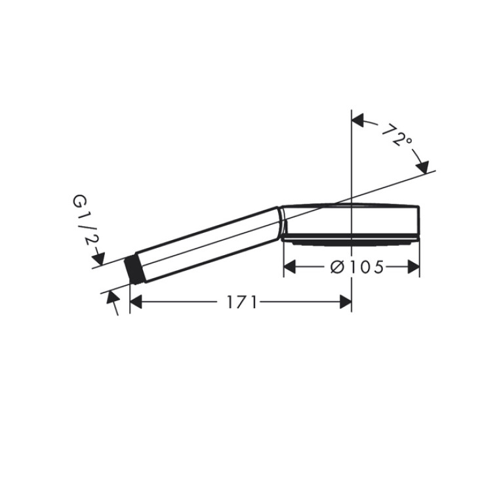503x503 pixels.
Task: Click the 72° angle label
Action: pyautogui.click(x=397, y=134)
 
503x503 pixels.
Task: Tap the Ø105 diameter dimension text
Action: pyautogui.click(x=357, y=267)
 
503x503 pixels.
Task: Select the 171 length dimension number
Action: pyautogui.click(x=242, y=302)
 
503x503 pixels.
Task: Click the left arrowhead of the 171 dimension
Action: pyautogui.click(x=136, y=302)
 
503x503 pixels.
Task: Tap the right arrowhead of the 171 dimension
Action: pyautogui.click(x=346, y=302)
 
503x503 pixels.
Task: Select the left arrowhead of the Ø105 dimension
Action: pyautogui.click(x=290, y=267)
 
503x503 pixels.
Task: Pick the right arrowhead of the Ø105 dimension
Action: pyautogui.click(x=414, y=267)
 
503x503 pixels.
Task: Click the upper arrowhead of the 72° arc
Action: pyautogui.click(x=358, y=120)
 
